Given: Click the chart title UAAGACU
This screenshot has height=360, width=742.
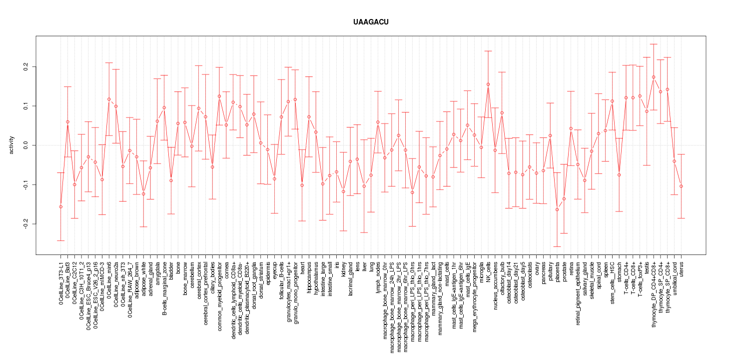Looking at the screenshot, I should click(371, 22).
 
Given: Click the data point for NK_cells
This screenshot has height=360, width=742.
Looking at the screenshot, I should click(488, 84).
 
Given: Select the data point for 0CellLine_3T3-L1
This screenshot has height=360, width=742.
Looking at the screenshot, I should click(60, 206).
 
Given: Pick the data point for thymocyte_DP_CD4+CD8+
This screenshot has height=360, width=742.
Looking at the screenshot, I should click(654, 77).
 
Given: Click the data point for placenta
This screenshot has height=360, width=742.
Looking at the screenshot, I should click(557, 209).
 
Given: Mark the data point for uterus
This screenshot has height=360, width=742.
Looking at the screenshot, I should click(681, 186).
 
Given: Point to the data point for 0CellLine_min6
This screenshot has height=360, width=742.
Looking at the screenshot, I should click(109, 99).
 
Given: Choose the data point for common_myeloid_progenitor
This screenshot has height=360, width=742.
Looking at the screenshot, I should click(219, 96).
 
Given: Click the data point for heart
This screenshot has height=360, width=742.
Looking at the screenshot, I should click(302, 185).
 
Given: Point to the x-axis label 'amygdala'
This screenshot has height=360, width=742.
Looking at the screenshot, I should click(157, 272).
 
